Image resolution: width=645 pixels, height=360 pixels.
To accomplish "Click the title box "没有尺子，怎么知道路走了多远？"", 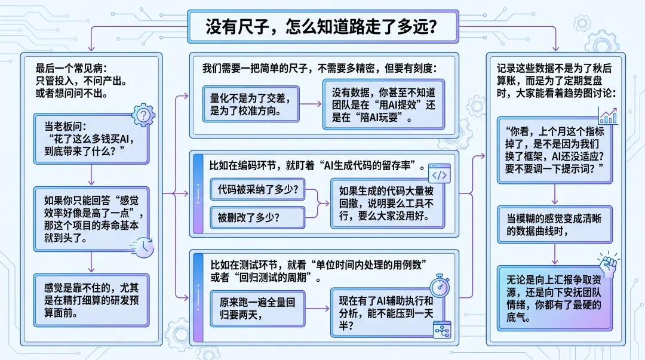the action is point(322,27).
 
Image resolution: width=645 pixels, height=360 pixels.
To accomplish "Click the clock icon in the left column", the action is point(143,247).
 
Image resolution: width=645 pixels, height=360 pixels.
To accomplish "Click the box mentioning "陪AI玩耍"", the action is point(383,104).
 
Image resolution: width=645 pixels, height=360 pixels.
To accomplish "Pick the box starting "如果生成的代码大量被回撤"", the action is point(388,203).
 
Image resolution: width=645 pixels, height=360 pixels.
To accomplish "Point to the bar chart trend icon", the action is point(607,115).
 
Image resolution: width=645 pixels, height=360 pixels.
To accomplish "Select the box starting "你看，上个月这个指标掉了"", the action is point(555,152).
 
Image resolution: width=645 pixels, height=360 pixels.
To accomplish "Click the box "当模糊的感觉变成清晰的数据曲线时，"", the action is point(555,224).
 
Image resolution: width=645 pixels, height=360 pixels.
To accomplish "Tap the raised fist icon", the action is point(607,263).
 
